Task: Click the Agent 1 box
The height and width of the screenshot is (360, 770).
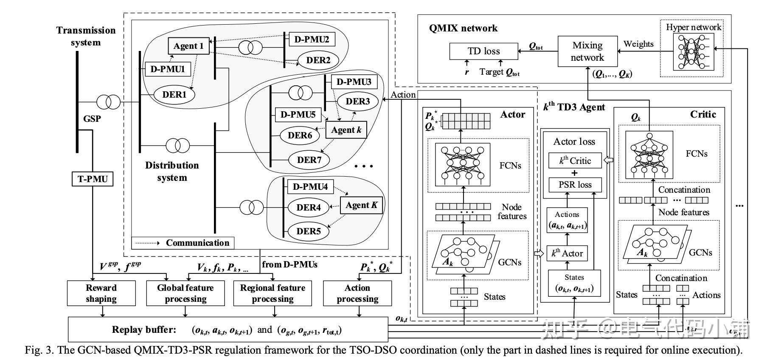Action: point(188,46)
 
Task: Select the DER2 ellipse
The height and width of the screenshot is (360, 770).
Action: point(318,60)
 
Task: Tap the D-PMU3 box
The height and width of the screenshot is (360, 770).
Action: point(354,82)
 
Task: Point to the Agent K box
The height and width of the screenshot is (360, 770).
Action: point(361,205)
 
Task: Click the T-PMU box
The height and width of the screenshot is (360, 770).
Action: point(93,179)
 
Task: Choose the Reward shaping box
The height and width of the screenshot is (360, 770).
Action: point(101,293)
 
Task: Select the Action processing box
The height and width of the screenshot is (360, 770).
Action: point(357,293)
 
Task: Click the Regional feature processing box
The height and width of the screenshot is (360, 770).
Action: point(273,293)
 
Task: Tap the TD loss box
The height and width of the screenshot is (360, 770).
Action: point(483,51)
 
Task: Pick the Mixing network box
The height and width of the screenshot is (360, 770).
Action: point(587,51)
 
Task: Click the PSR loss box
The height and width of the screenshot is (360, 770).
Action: point(575,185)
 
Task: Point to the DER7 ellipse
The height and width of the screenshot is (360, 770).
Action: point(309,160)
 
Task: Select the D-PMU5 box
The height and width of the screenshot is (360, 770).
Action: point(298,114)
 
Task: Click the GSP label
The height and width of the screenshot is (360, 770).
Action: point(92,118)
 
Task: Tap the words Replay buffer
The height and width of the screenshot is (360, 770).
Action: point(144,329)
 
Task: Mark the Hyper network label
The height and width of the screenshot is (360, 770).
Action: point(693,27)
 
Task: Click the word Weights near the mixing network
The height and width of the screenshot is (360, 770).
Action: point(638,44)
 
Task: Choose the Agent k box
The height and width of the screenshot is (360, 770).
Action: point(346,130)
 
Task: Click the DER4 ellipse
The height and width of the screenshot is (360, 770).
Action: point(309,208)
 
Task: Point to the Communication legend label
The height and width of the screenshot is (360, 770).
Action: point(197,243)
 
